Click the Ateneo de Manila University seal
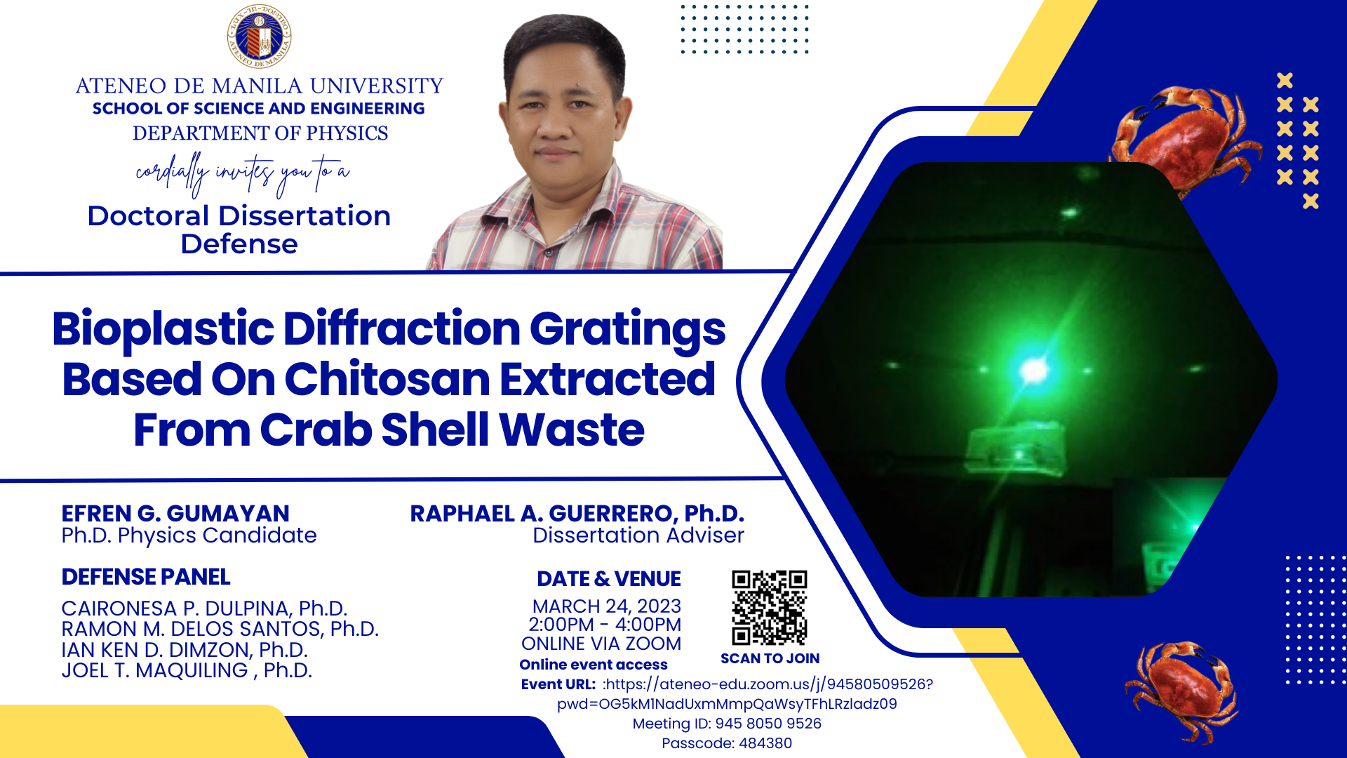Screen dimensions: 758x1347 [x=259, y=36]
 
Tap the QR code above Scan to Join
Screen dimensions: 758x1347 [x=769, y=608]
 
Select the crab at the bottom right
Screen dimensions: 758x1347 [x=1182, y=691]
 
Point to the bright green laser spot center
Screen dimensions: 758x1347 [x=1034, y=370]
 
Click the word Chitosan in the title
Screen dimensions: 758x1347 [x=387, y=380]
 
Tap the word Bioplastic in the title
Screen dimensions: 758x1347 [x=163, y=328]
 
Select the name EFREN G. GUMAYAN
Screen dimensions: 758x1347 [x=175, y=513]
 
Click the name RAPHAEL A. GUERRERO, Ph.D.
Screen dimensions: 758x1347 [x=577, y=513]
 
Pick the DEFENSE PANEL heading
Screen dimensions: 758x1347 [x=146, y=577]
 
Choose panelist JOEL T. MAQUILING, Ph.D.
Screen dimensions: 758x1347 [x=187, y=670]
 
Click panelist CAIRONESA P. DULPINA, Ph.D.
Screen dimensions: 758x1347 [x=204, y=608]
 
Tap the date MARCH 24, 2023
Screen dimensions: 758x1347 [x=607, y=606]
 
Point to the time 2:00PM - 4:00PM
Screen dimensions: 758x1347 [x=605, y=625]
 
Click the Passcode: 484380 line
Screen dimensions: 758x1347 [x=727, y=743]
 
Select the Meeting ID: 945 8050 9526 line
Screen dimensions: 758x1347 [x=727, y=724]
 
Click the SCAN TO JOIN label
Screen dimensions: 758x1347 [x=770, y=658]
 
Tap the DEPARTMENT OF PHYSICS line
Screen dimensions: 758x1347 [x=260, y=133]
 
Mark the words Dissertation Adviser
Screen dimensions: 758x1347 [x=638, y=536]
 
